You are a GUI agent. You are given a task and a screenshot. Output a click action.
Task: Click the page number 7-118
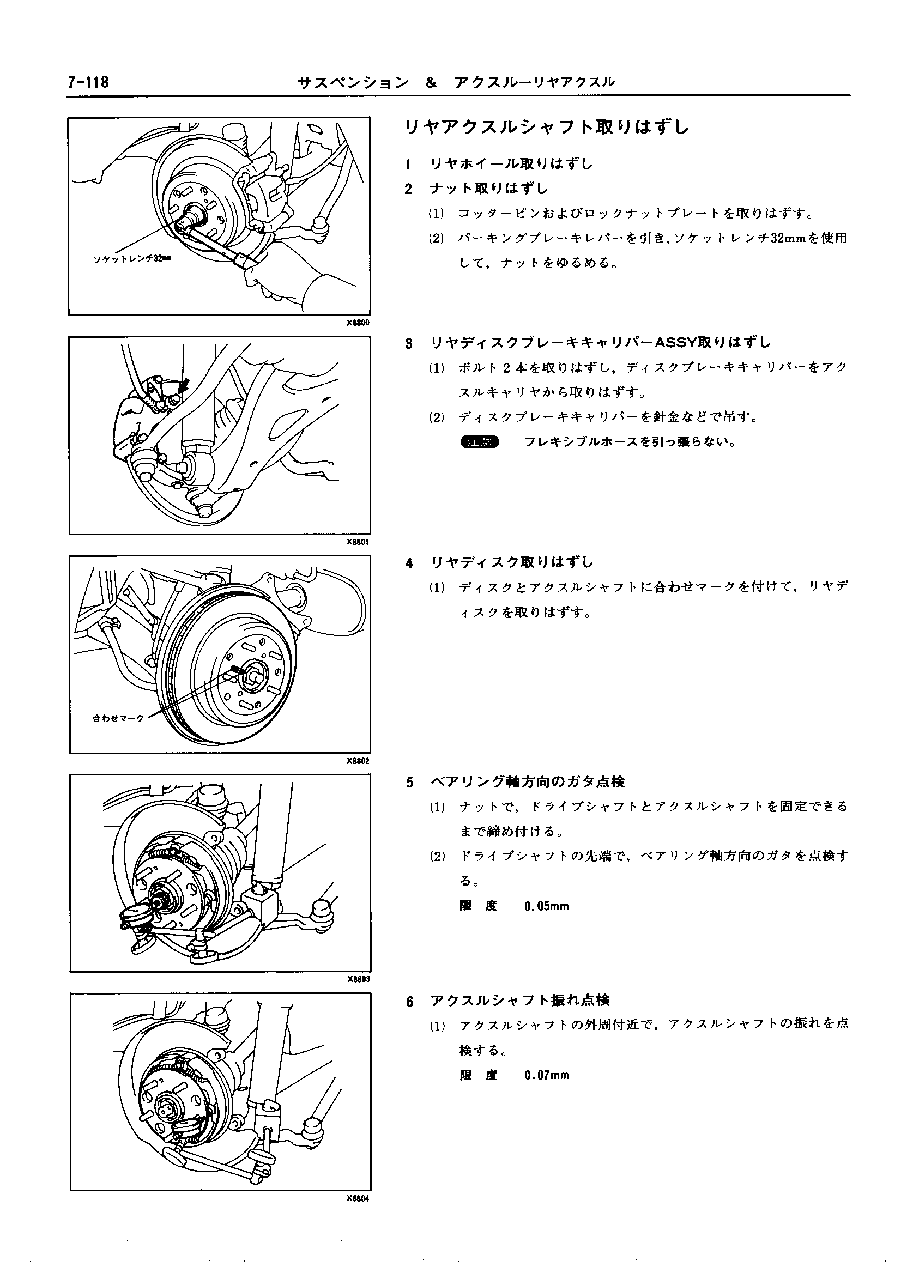88,83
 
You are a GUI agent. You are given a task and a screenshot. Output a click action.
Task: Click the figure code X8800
358,323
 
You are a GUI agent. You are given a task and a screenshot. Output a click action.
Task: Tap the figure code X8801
358,542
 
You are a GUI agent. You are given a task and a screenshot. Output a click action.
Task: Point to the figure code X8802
358,760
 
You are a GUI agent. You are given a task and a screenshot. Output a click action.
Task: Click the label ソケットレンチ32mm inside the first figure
132,258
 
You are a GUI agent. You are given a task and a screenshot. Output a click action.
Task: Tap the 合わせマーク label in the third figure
118,718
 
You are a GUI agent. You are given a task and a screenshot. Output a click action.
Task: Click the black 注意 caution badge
479,442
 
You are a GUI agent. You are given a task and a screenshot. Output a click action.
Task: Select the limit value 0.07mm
546,1075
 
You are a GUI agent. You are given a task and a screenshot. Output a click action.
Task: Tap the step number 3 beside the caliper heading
409,343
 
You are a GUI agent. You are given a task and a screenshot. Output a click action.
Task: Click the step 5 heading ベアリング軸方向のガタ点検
527,782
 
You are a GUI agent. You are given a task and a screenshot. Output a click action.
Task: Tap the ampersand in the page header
430,83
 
